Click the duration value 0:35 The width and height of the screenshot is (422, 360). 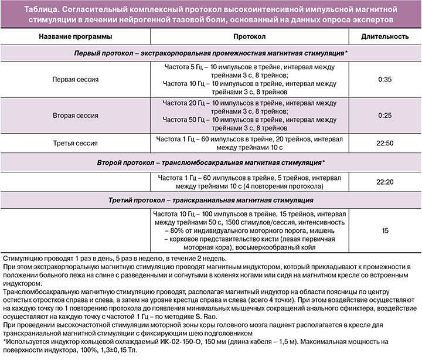384,78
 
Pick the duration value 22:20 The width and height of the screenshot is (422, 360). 384,182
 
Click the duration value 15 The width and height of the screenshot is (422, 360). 384,230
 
